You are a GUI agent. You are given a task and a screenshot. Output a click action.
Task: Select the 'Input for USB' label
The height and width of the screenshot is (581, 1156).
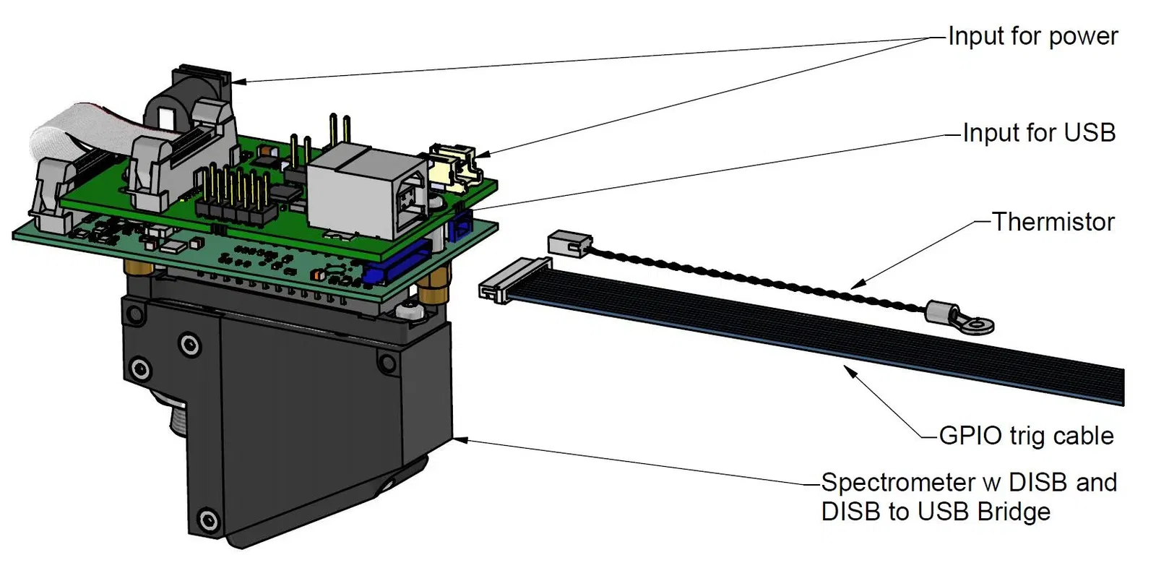click(x=1038, y=133)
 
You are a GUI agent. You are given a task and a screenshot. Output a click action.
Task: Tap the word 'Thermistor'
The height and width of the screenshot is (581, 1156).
click(x=1053, y=222)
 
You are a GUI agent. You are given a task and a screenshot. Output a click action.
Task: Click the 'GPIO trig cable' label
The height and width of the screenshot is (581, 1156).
click(x=1025, y=436)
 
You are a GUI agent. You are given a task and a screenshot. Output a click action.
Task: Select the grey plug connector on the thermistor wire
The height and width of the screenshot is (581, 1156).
click(x=570, y=243)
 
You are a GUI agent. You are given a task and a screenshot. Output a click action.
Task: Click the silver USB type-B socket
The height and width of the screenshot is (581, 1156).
click(x=368, y=195)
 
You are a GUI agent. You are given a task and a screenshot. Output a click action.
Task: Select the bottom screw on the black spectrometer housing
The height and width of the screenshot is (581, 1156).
click(x=209, y=519)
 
